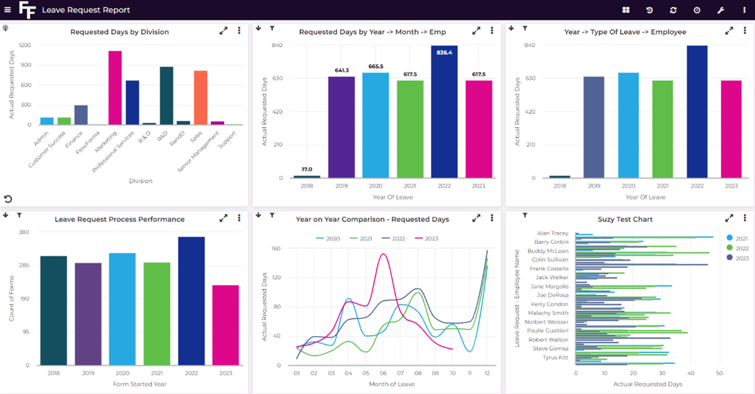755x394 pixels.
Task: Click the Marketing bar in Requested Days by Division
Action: point(115,87)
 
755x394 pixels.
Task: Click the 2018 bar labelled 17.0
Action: point(307,176)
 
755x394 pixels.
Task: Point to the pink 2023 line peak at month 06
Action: point(384,255)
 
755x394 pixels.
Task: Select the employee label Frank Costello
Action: point(548,268)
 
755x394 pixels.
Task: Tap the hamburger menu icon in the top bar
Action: point(8,10)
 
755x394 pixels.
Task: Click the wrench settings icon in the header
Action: point(721,10)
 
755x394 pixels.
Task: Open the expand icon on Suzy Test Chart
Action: point(729,218)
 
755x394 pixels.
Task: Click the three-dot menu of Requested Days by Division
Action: point(239,31)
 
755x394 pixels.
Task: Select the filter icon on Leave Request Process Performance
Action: point(19,215)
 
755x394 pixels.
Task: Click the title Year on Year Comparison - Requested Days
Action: point(372,219)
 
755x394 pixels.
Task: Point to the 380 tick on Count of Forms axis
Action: point(24,232)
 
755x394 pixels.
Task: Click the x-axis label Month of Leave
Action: point(391,384)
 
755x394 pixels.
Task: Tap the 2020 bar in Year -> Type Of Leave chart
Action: point(628,125)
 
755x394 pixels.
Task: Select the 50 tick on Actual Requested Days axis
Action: point(719,373)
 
